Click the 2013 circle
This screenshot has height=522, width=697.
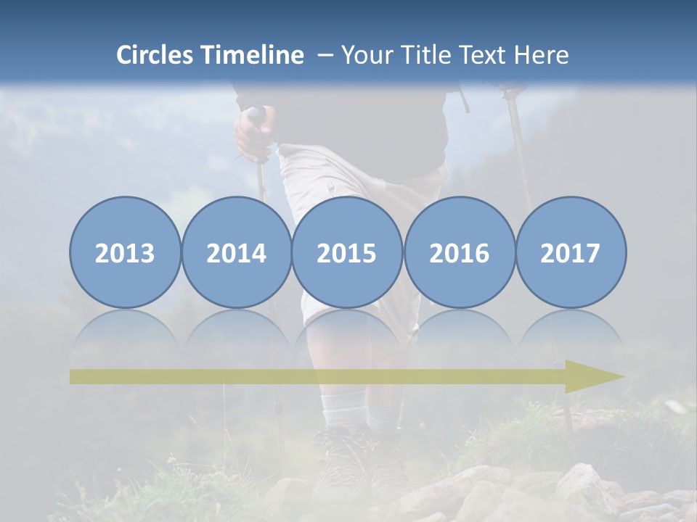(x=125, y=253)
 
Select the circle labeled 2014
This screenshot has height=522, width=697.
(x=236, y=253)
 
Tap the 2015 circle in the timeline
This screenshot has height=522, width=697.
(x=347, y=253)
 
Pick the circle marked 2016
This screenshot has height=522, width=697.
(x=459, y=253)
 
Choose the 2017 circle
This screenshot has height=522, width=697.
(x=571, y=253)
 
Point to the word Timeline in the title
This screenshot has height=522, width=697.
(x=253, y=55)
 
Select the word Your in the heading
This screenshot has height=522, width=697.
(x=365, y=55)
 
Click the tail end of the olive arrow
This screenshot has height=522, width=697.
(x=77, y=377)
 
